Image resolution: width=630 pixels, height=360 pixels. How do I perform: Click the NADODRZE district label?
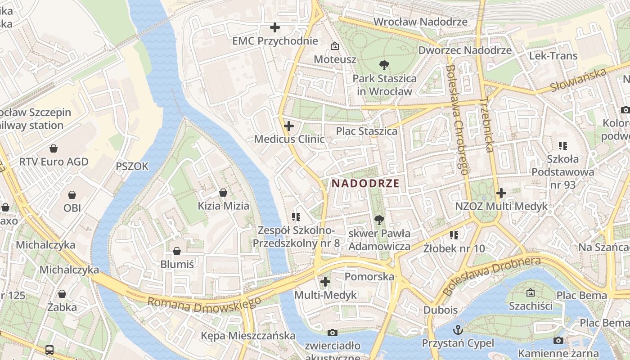point(365,183)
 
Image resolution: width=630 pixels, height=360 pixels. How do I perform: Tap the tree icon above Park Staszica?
point(384,66)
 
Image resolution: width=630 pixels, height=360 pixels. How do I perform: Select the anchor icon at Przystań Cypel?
point(458,330)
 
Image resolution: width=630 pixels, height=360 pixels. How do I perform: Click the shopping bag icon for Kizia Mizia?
point(223,193)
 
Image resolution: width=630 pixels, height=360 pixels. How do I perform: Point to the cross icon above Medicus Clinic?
point(289,126)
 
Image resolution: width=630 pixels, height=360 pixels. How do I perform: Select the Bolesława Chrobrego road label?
point(457,119)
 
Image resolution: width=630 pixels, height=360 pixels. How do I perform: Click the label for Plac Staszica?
point(367,131)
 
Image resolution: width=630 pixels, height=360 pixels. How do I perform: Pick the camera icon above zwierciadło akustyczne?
point(333,333)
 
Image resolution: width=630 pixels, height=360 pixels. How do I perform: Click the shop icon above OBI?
point(72,195)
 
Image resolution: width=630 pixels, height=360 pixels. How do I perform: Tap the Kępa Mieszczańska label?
point(248,336)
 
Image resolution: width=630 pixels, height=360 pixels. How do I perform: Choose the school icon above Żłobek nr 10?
point(454,235)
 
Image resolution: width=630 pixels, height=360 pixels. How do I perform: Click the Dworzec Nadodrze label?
point(465,50)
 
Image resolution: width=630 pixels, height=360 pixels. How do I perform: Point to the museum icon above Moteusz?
point(335,46)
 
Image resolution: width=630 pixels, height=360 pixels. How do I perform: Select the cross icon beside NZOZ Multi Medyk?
point(501,193)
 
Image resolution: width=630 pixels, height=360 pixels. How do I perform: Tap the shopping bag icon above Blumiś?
point(177,251)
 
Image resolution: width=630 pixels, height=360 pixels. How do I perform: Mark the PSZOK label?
point(132,166)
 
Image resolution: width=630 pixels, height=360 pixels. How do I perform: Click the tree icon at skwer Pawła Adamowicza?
point(379,220)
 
